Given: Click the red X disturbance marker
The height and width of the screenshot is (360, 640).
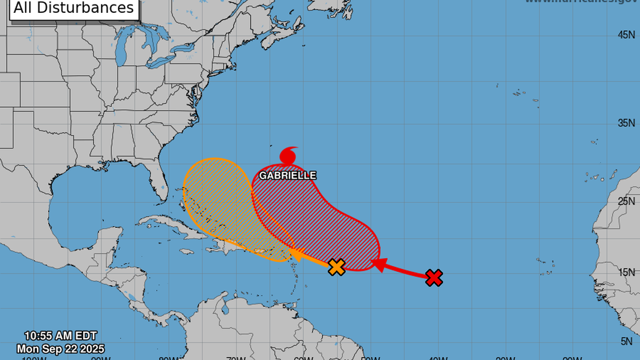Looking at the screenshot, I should pyautogui.click(x=434, y=277).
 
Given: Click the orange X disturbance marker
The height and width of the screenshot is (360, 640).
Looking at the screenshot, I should pyautogui.click(x=336, y=267).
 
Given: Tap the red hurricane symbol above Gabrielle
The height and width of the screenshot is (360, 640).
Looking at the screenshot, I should pyautogui.click(x=289, y=155).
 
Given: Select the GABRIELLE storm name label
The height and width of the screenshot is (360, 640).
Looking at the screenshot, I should pyautogui.click(x=287, y=176).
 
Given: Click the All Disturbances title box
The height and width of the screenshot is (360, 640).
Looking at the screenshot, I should pyautogui.click(x=74, y=8).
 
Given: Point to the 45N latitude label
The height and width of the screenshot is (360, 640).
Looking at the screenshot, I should pyautogui.click(x=626, y=35).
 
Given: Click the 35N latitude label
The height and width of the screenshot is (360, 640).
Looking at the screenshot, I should pyautogui.click(x=626, y=123).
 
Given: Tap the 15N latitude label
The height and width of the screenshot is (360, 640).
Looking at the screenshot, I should pyautogui.click(x=626, y=272).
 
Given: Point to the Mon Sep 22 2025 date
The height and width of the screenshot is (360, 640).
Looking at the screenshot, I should pyautogui.click(x=61, y=349).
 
